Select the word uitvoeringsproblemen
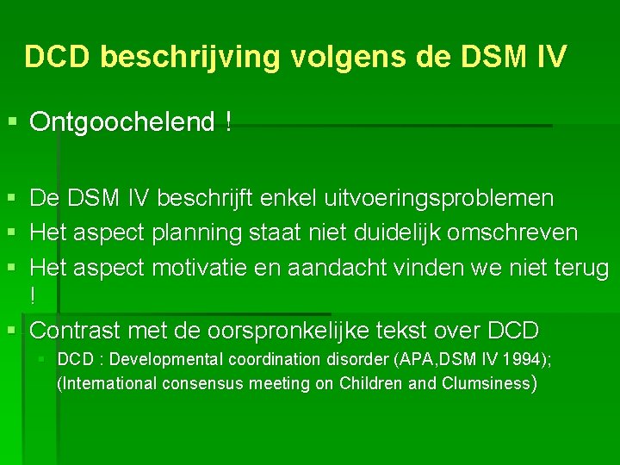[439, 199]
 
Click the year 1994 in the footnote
[528, 359]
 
